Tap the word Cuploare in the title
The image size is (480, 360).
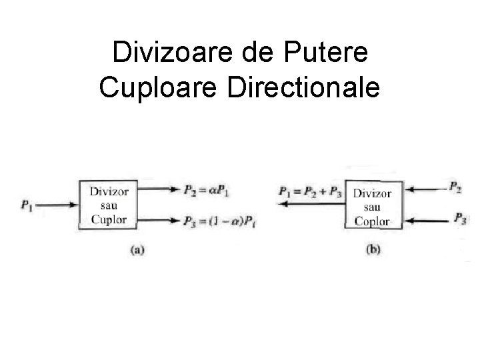pos(159,87)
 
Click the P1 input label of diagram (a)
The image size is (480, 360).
pos(28,205)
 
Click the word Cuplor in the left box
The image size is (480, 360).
pos(108,217)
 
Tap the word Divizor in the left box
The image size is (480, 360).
pos(108,191)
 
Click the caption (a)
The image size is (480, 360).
pos(137,250)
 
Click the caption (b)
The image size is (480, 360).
pos(373,250)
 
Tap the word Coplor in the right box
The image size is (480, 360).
pos(373,221)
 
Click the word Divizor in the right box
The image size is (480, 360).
pos(373,194)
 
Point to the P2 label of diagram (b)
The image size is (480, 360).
pos(456,189)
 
